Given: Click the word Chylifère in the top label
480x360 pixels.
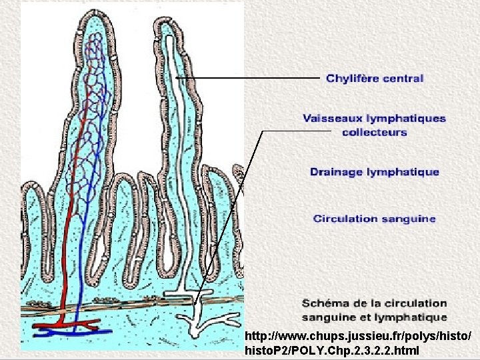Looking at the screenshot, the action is [x=351, y=79].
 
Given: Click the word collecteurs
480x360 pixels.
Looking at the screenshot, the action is [x=374, y=132].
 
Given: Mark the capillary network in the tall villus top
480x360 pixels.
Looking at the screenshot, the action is [x=94, y=67].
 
